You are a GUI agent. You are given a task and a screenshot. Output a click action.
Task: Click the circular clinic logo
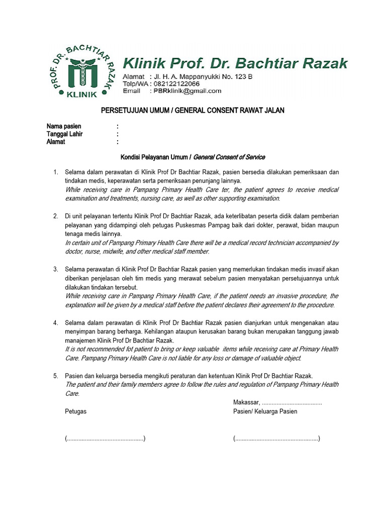(x=81, y=70)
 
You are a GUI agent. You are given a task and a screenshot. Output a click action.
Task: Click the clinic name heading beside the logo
(x=235, y=63)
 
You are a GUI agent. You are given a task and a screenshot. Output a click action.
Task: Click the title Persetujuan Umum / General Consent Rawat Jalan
(x=193, y=110)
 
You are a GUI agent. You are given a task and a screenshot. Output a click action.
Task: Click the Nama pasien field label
(x=64, y=126)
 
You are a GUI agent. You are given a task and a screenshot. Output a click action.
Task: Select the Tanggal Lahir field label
(x=65, y=134)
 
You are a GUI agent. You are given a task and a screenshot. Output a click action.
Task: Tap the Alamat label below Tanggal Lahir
(x=56, y=142)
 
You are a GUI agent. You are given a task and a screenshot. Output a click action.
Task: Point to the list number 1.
(x=56, y=173)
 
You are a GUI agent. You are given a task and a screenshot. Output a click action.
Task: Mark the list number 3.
(x=56, y=270)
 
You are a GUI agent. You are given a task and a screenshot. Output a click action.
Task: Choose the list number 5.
(x=56, y=376)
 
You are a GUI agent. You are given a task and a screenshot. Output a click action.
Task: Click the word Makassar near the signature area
(x=246, y=402)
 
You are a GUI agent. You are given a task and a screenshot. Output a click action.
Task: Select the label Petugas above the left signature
(x=75, y=411)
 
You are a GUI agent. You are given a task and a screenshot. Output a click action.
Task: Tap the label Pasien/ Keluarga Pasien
(x=265, y=411)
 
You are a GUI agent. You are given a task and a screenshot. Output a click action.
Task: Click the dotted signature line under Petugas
(x=105, y=439)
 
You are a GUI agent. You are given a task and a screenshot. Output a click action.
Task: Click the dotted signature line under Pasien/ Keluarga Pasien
(x=276, y=439)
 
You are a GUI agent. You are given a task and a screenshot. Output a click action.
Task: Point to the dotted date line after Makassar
(x=292, y=403)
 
